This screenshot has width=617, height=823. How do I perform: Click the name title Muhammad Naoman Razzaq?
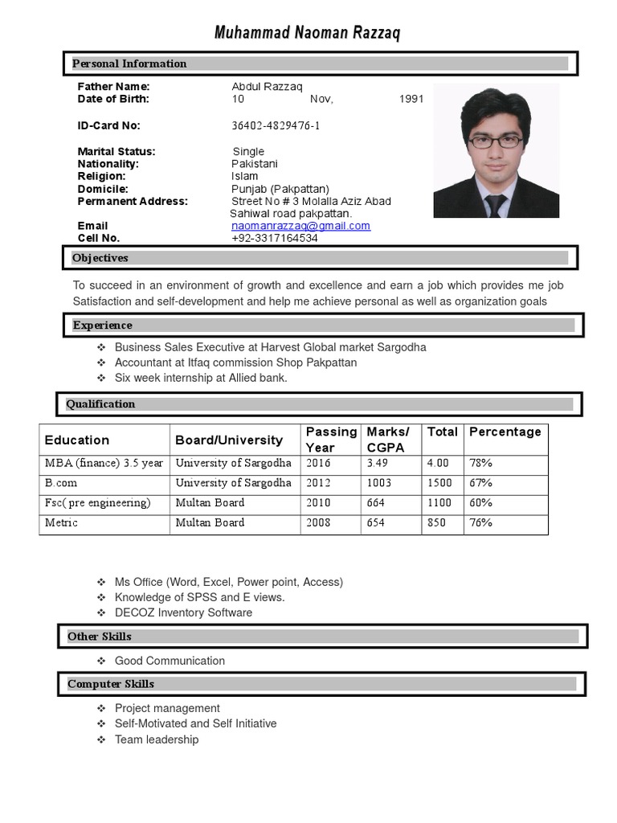coord(307,33)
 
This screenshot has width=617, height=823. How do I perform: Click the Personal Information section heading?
coord(129,63)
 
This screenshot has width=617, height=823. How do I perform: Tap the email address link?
coord(300,226)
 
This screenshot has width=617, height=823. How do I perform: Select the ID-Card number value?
coord(276,125)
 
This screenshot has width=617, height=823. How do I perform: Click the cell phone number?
coord(274,239)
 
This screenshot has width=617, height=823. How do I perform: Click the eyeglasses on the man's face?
coord(496,141)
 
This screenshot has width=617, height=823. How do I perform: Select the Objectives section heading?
coord(100,258)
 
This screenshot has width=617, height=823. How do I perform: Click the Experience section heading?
coord(103,326)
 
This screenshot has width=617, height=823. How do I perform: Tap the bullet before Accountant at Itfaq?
coord(101,362)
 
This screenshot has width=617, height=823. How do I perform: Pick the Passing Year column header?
coord(330,440)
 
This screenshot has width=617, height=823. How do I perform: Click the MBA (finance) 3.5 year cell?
coord(104,463)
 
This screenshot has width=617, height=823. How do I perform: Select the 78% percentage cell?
coord(481,463)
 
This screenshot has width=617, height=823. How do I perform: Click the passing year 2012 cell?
coord(317,483)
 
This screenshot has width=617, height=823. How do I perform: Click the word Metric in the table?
coord(62,522)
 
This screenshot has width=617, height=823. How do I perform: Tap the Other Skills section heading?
coord(100,637)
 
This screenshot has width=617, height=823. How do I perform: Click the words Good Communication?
coord(170,661)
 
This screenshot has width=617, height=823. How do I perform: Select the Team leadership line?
coord(157,739)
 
